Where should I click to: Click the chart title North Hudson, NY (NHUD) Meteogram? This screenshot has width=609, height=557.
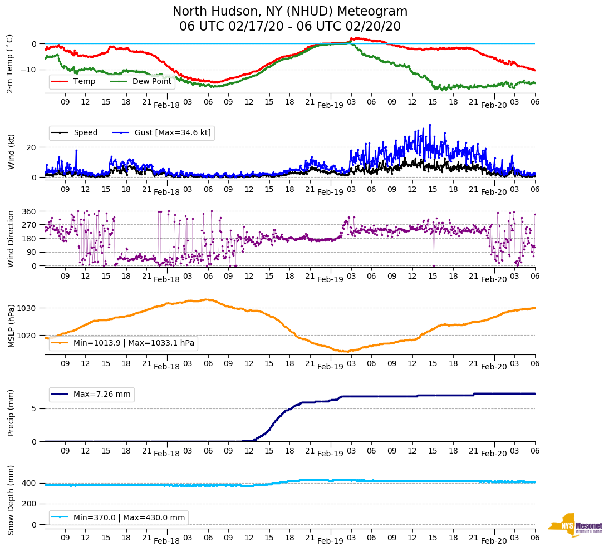(289, 12)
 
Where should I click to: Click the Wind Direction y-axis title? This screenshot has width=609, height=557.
(11, 238)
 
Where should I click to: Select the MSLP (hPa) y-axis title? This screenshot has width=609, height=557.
(11, 326)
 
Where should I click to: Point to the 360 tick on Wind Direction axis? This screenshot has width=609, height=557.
(30, 211)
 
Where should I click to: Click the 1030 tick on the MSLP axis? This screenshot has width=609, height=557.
(27, 308)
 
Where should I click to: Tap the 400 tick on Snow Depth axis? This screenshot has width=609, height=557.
(30, 483)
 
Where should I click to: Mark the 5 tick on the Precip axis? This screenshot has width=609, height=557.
(34, 408)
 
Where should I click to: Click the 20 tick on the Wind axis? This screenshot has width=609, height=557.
(32, 147)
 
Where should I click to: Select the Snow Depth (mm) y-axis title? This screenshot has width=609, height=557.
(11, 499)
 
